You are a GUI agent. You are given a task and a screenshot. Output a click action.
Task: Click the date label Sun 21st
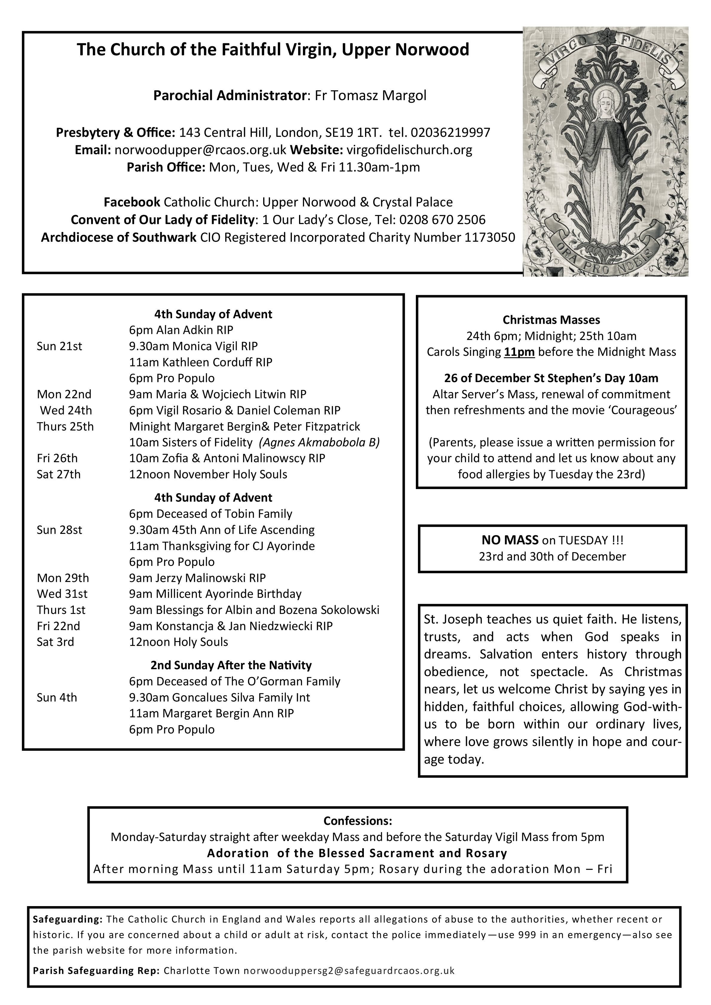pyautogui.click(x=59, y=346)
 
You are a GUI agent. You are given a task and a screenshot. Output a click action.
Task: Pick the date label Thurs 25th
pyautogui.click(x=65, y=426)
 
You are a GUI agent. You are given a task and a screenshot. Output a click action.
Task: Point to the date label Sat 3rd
pyautogui.click(x=56, y=642)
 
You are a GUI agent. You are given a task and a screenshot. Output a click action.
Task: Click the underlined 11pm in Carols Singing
pyautogui.click(x=519, y=352)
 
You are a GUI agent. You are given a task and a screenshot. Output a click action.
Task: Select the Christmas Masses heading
pyautogui.click(x=551, y=320)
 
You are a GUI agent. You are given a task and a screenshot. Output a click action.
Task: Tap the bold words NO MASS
pyautogui.click(x=510, y=540)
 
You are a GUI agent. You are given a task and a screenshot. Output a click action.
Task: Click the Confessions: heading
pyautogui.click(x=358, y=820)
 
